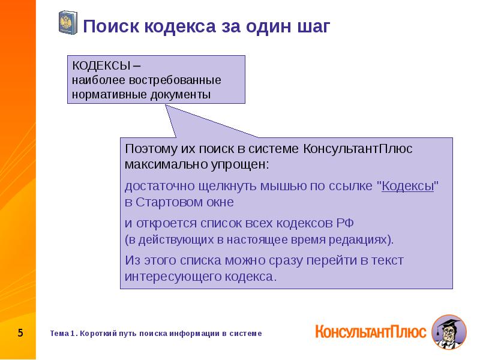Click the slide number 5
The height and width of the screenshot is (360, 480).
click(20, 332)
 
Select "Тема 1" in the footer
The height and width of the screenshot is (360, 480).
click(63, 333)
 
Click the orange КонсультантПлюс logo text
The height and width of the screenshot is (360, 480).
click(370, 331)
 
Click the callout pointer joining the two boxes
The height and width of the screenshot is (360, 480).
click(180, 120)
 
